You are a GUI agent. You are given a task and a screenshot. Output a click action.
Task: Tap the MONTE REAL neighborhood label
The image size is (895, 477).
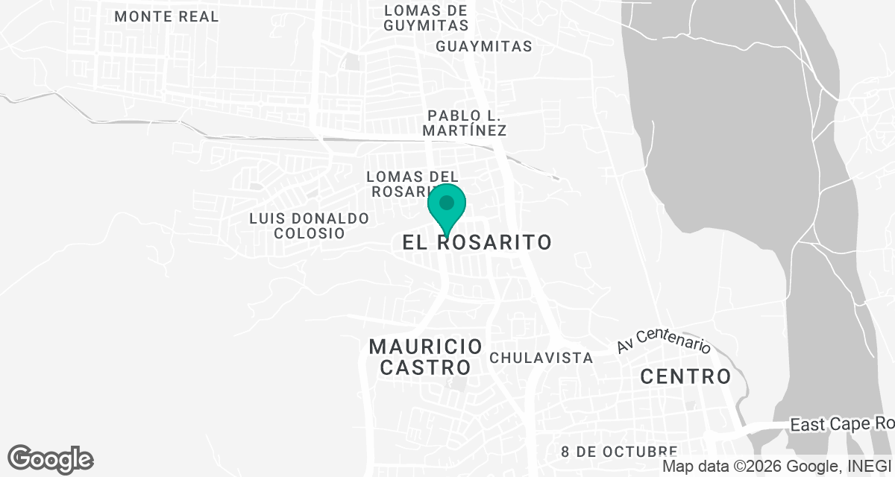167,16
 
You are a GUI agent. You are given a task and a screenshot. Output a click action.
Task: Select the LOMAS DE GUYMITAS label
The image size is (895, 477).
426,17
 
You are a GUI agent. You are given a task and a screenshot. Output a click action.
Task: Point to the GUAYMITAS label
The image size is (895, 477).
485,46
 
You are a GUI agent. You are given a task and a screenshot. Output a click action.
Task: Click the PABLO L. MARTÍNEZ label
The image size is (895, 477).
465,123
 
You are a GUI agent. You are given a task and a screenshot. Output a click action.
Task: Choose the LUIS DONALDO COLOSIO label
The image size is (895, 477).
310,226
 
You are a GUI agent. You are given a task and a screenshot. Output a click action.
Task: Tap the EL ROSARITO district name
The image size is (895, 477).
477,242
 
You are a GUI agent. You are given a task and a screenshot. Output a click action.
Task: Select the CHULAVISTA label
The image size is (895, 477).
541,358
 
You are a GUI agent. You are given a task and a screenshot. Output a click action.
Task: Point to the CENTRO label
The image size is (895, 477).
686,376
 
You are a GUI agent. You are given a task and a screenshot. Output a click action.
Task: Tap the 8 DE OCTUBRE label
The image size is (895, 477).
619,452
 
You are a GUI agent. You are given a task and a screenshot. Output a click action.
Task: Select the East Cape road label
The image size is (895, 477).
841,425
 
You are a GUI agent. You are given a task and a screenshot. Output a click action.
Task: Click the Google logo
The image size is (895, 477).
51,459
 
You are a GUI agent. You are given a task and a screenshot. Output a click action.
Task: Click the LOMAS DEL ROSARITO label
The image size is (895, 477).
412,183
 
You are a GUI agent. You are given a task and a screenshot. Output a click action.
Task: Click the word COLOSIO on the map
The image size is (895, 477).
310,233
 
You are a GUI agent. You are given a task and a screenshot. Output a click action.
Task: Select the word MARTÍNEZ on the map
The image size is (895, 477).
465,130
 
